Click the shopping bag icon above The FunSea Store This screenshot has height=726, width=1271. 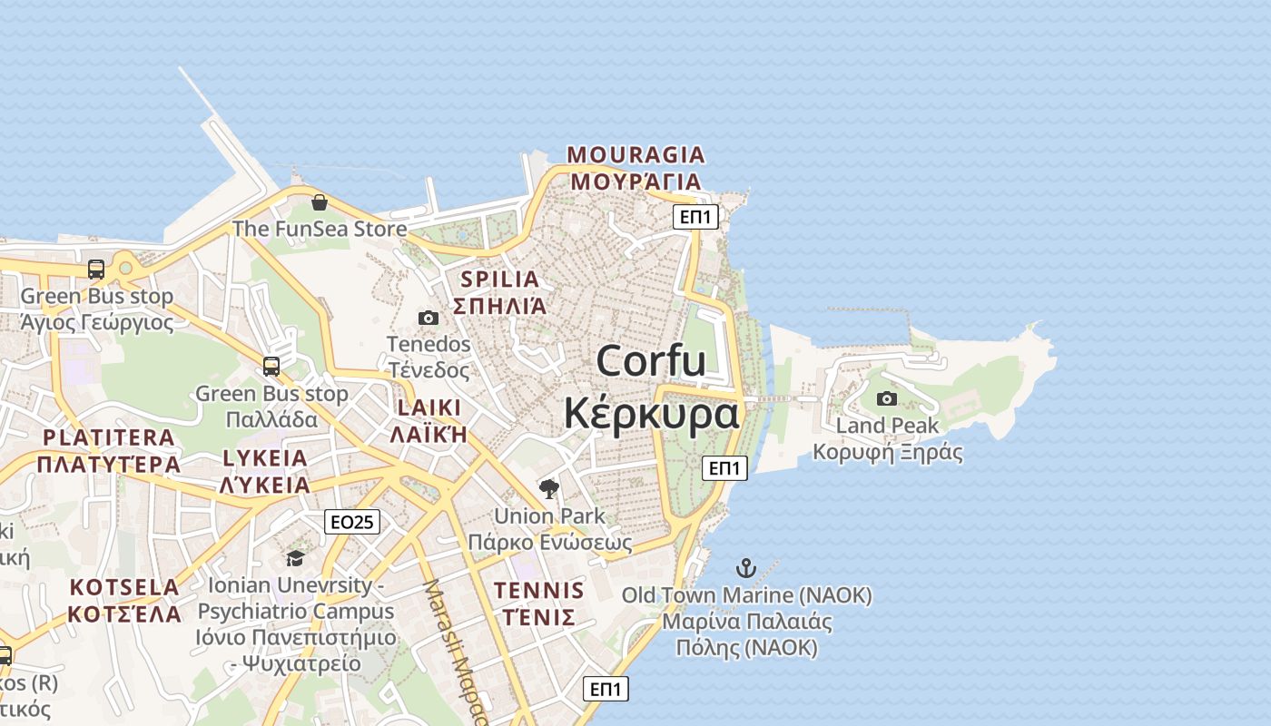click(319, 201)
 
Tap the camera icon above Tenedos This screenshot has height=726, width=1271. click(429, 318)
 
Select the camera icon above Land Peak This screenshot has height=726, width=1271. click(887, 398)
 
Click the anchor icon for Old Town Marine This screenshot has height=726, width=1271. click(745, 569)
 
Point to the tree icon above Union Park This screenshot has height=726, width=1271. click(549, 489)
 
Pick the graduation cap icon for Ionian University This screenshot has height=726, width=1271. click(295, 557)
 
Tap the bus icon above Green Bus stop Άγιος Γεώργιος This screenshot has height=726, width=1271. click(96, 270)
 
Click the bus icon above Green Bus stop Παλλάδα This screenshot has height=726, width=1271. click(271, 367)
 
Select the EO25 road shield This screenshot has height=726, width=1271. click(351, 522)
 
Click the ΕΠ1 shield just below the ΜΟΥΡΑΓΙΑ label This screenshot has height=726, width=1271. click(696, 217)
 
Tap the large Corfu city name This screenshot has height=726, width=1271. click(651, 361)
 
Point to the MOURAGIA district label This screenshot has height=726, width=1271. click(635, 154)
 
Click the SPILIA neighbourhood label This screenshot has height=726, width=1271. click(499, 279)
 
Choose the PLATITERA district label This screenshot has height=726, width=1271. click(109, 437)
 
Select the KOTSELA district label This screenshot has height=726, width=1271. click(125, 586)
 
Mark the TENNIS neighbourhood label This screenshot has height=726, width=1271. click(538, 590)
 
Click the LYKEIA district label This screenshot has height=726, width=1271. click(265, 457)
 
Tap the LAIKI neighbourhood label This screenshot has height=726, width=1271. click(429, 407)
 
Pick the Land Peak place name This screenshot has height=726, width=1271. click(887, 426)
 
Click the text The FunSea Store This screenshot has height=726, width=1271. click(320, 229)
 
